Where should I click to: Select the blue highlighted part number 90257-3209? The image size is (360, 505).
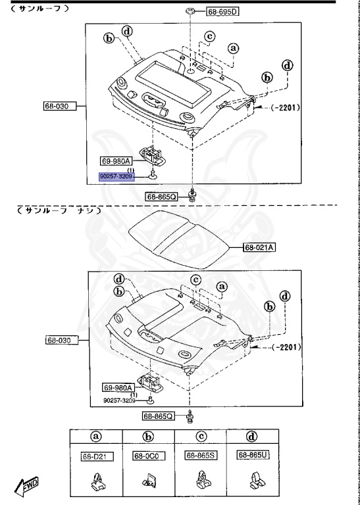pos(116,177)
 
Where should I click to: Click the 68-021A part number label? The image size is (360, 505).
pos(259,247)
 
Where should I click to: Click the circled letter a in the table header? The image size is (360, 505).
pos(96,437)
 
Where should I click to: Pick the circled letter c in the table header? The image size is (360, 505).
pos(200,437)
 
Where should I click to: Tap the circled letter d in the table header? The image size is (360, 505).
pos(252,437)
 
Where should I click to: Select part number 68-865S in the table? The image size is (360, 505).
pos(200,455)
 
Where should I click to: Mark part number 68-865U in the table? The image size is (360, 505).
pos(252,455)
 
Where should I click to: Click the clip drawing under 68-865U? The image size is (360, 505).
pos(251,484)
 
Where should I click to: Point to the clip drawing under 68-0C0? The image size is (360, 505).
pos(148,485)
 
